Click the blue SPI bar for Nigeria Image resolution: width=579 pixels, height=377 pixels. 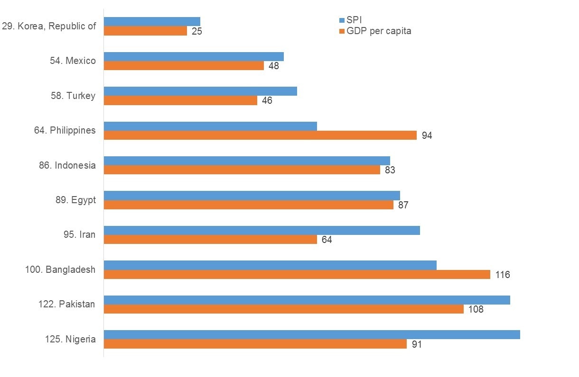point(312,334)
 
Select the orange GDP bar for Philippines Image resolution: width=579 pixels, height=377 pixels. point(260,135)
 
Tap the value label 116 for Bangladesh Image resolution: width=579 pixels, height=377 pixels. point(502,275)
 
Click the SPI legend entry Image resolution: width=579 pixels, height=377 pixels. point(354,20)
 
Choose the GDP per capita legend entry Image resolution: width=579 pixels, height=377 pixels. point(379,31)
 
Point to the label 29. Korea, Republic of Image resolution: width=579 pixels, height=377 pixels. point(49,26)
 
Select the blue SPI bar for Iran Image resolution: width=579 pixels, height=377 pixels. point(261,230)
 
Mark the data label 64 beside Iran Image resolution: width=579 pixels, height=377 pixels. point(327,240)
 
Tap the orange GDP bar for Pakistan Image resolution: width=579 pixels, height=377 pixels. point(283,309)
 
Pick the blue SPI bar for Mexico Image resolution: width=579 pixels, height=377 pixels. point(194,56)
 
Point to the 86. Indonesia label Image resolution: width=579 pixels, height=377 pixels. point(67,165)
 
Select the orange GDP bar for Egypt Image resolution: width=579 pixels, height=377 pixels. point(248,205)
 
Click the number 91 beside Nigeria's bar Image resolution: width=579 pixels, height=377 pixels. point(416,344)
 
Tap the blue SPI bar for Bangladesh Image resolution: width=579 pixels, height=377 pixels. point(270,265)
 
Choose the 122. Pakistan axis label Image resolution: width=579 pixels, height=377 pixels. point(66,304)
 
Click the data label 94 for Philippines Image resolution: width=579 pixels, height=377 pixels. point(427,136)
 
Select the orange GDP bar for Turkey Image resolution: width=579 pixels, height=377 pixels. point(180,100)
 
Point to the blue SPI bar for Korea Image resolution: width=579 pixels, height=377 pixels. point(152,21)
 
